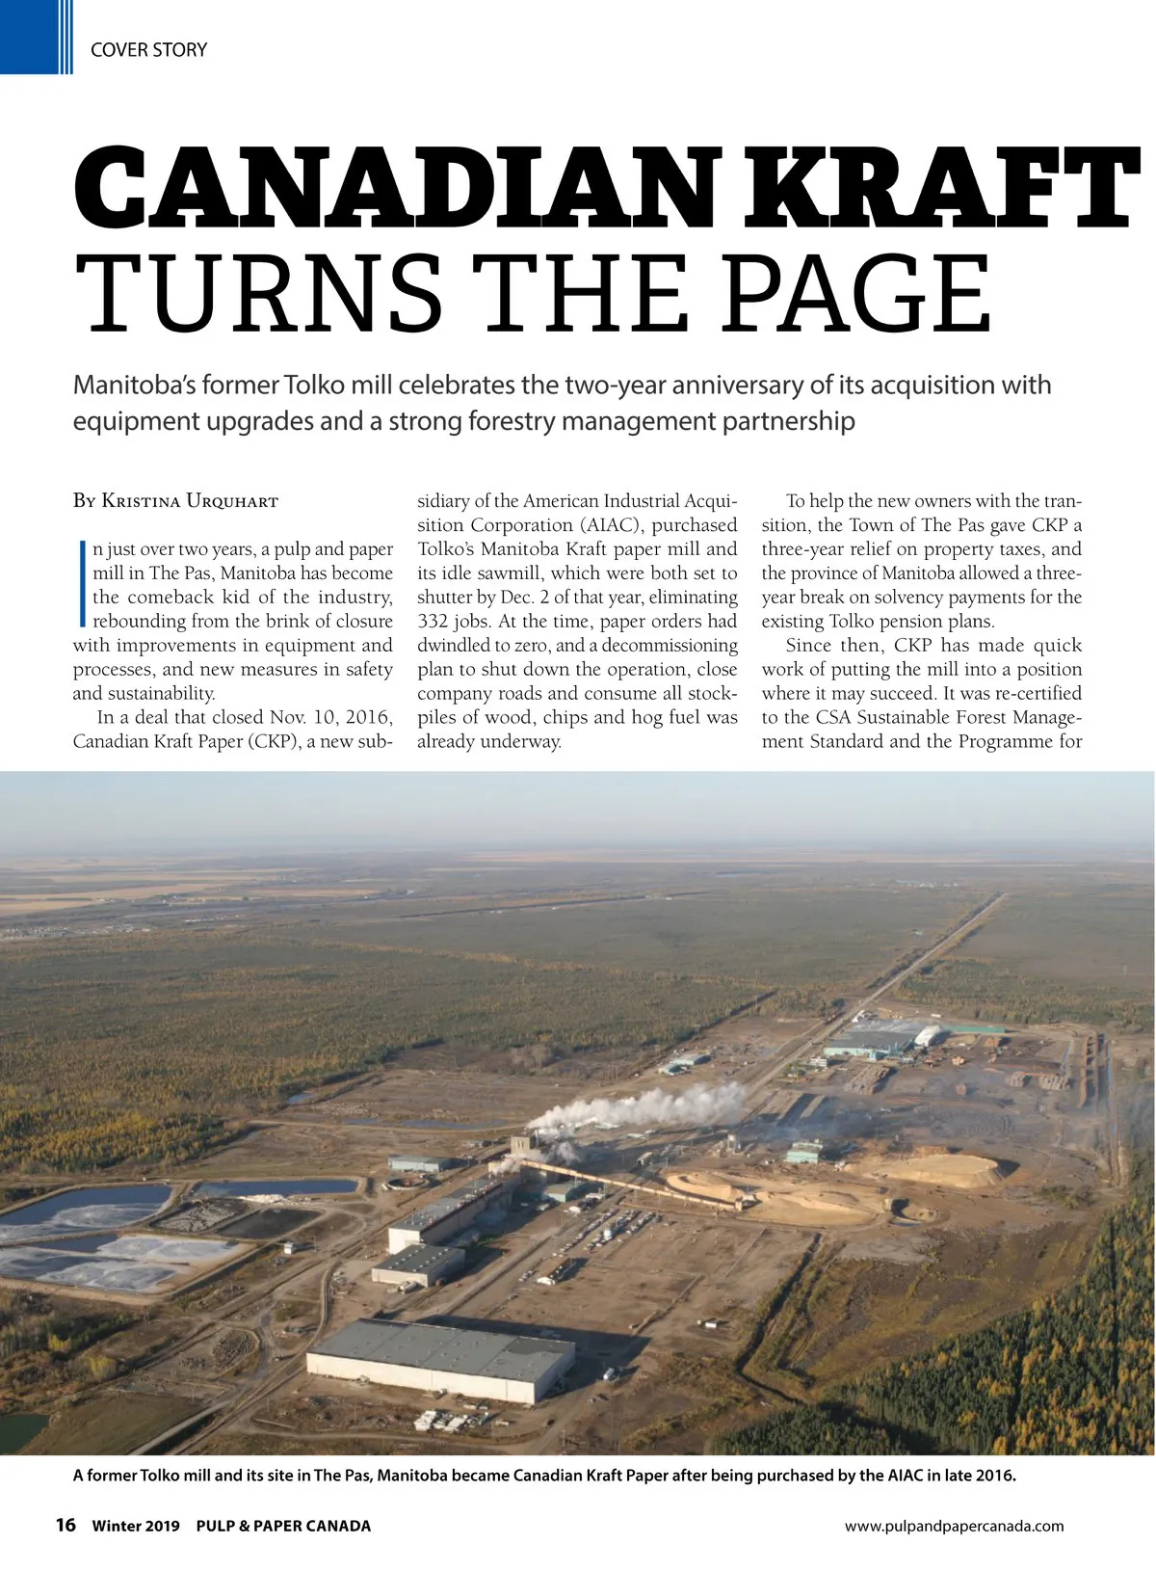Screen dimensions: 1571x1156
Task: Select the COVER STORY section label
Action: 148,50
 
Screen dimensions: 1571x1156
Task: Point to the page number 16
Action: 66,1525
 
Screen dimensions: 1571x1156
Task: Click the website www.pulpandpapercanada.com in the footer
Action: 954,1526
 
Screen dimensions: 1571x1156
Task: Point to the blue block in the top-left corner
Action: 29,37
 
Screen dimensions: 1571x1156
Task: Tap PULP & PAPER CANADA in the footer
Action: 283,1526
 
